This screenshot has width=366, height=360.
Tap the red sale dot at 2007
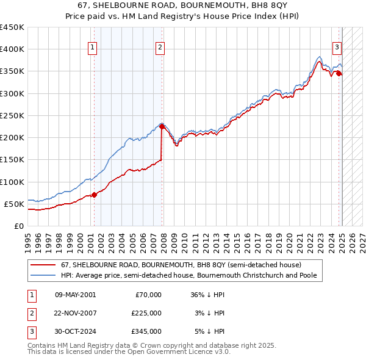tap(162, 127)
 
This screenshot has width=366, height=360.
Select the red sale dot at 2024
tap(339, 74)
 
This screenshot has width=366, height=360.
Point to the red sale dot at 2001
tap(95, 195)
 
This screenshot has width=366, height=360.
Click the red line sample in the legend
tap(43, 265)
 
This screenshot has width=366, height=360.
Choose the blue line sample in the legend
tap(43, 275)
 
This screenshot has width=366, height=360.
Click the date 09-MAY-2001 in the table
tap(75, 295)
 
